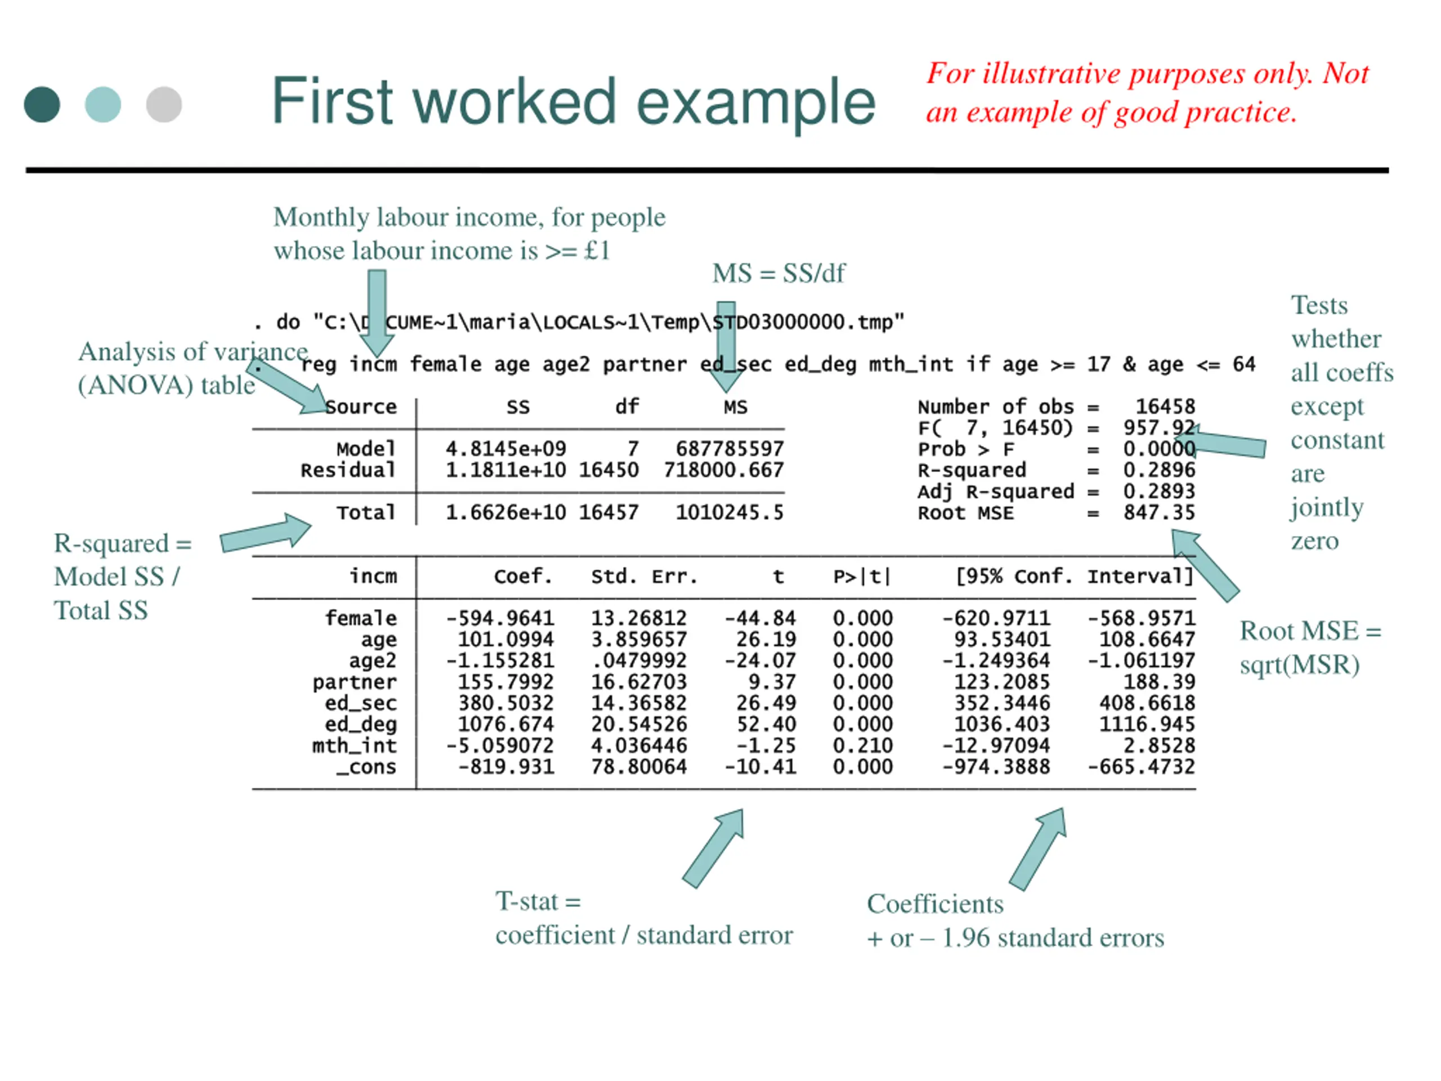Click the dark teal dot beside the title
42,104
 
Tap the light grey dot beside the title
163,104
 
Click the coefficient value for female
500,618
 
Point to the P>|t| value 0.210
862,745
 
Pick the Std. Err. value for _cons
638,766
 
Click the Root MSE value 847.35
1159,513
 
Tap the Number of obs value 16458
1165,407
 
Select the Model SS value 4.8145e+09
505,449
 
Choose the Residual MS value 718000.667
723,470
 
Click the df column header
626,407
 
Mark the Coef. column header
522,577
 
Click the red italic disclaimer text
1147,92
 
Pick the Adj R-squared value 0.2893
1159,492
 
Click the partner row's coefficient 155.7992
505,682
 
